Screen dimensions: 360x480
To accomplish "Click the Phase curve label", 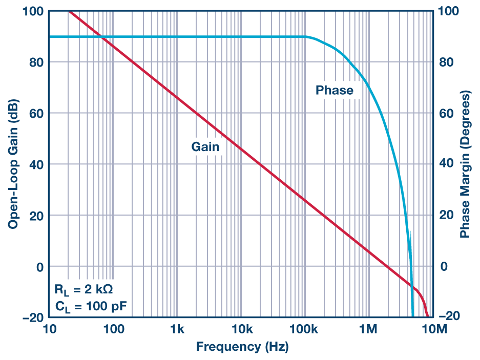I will coord(334,91).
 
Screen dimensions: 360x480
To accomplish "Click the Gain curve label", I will coord(205,147).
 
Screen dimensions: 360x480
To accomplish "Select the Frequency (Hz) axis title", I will coord(242,347).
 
